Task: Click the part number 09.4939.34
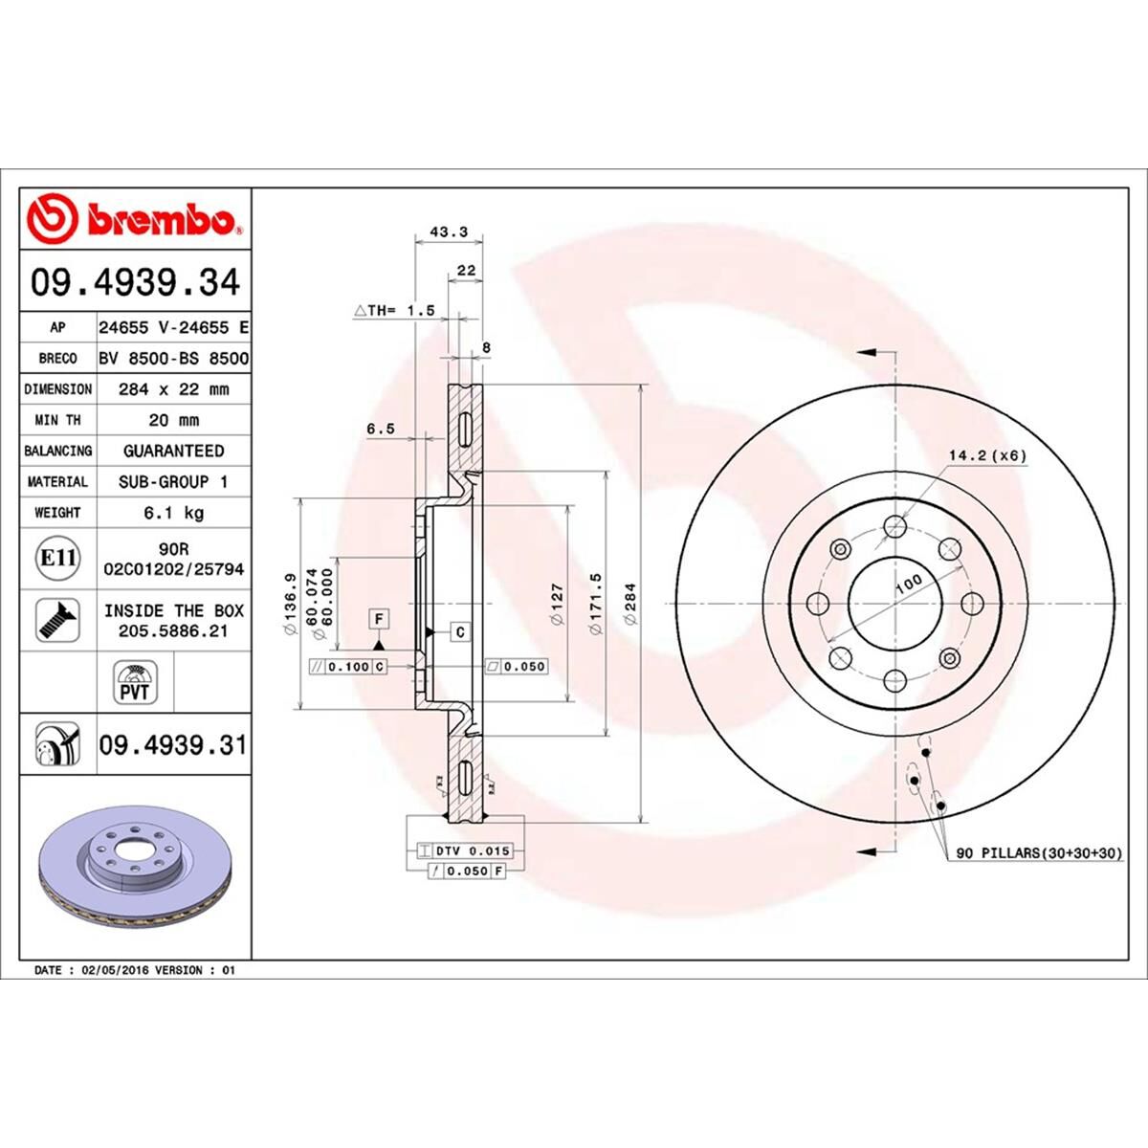[x=135, y=283]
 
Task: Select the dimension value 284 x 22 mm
[x=173, y=389]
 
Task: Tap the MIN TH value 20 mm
[x=173, y=420]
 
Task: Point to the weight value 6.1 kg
[x=173, y=513]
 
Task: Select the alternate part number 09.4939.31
[x=173, y=744]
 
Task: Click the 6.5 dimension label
[x=380, y=430]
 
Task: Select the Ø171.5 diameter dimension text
[x=596, y=606]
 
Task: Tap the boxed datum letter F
[x=379, y=619]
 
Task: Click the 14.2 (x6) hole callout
[x=987, y=455]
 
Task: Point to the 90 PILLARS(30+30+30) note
[x=1038, y=852]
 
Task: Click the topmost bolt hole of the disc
[x=894, y=525]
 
